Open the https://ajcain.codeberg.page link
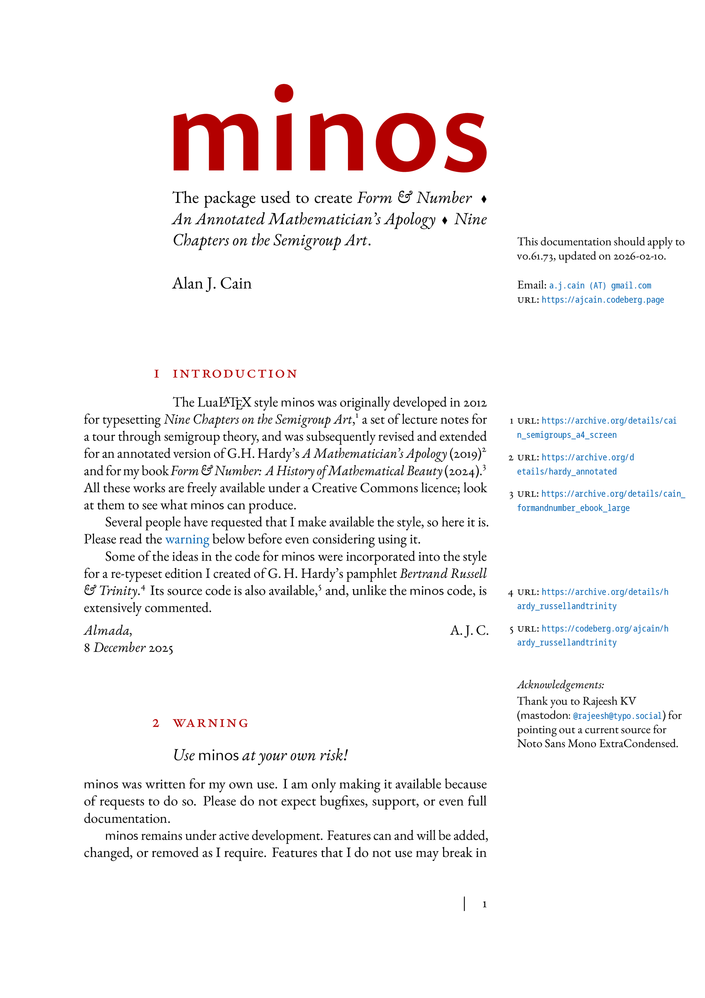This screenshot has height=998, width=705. pos(602,300)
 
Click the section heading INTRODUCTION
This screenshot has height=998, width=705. pos(235,374)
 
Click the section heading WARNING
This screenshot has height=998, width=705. pos(211,723)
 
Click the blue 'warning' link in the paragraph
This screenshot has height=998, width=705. pos(187,539)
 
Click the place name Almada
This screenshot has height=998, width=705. pos(108,630)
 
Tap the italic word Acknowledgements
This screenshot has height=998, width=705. pos(560,685)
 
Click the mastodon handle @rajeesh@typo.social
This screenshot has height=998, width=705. pos(617,716)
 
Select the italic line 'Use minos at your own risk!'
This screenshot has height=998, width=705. pos(260,756)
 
